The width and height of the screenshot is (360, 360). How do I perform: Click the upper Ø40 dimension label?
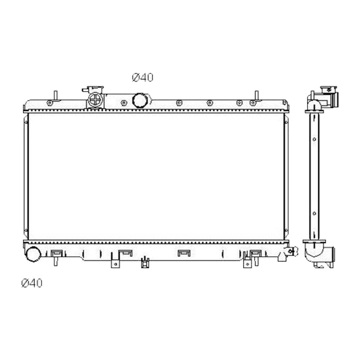click(x=142, y=77)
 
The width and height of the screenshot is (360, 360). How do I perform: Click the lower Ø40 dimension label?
click(x=31, y=283)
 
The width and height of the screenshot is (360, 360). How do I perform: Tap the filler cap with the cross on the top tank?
click(x=95, y=100)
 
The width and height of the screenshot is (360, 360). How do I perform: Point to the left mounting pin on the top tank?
click(x=55, y=95)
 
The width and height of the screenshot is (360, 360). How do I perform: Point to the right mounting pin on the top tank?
click(x=256, y=95)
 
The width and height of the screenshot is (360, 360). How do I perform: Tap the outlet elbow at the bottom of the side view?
click(x=320, y=253)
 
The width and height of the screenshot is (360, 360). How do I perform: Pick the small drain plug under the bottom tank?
click(x=143, y=262)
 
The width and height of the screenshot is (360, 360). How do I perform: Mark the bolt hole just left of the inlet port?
click(x=123, y=102)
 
